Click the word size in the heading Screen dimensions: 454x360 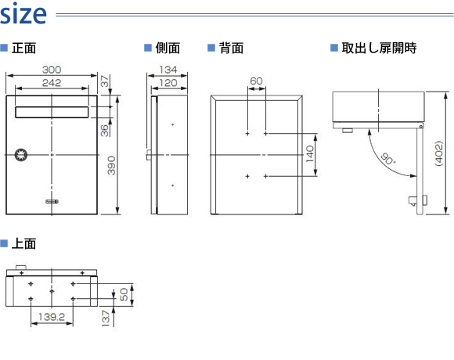[x=23, y=14]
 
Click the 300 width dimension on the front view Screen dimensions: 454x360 [x=52, y=70]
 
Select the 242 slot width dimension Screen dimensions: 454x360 [x=52, y=83]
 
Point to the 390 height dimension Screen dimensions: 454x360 [x=111, y=165]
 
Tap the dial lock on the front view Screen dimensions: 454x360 [x=21, y=155]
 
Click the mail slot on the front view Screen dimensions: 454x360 [x=52, y=112]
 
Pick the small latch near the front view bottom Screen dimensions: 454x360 [x=52, y=201]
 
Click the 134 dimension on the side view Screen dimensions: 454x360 [x=168, y=70]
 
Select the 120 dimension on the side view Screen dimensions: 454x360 [x=168, y=83]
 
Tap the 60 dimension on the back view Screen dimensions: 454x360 [x=256, y=81]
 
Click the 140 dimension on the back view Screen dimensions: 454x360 [x=310, y=154]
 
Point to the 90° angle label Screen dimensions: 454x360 [x=387, y=159]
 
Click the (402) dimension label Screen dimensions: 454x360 [x=439, y=153]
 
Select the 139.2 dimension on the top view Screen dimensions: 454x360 [x=52, y=317]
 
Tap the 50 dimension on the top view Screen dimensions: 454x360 [x=124, y=294]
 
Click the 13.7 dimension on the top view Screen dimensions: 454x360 [x=106, y=319]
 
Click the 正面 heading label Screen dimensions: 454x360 [x=23, y=48]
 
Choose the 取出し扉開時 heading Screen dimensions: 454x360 [x=379, y=48]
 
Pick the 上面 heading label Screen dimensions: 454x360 [x=23, y=243]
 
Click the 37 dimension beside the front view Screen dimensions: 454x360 [x=105, y=81]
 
